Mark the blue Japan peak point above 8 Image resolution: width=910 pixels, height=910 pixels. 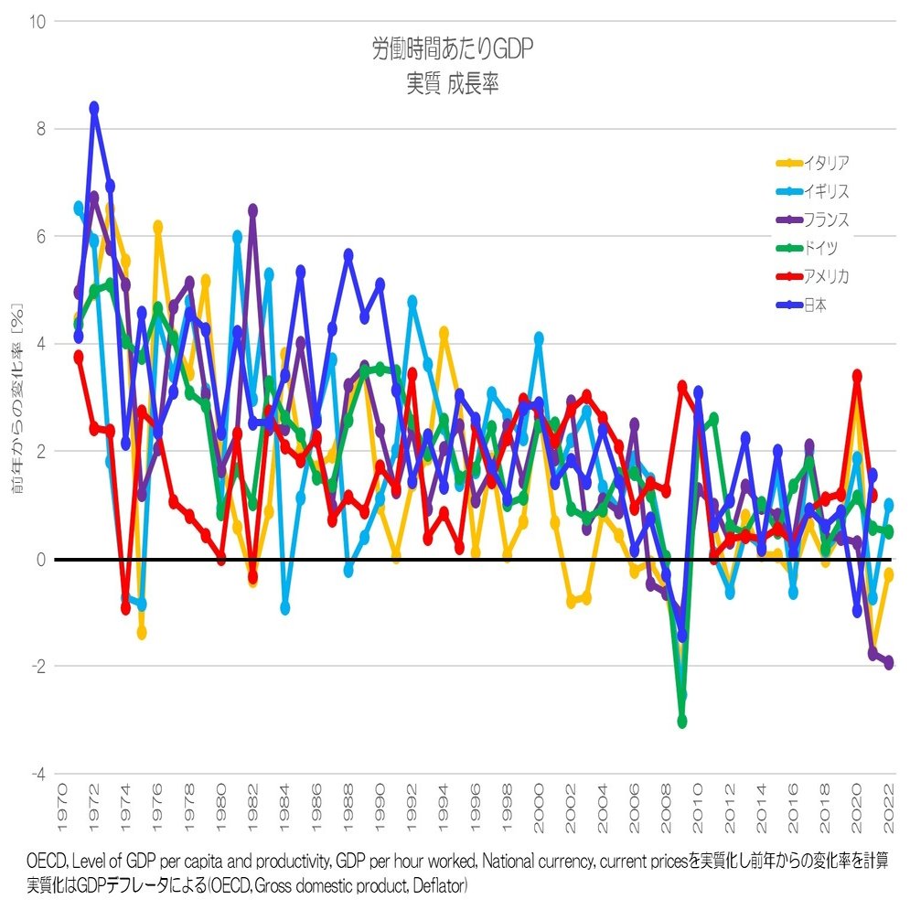pyautogui.click(x=94, y=108)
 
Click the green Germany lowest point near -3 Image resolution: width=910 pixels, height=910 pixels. pyautogui.click(x=682, y=722)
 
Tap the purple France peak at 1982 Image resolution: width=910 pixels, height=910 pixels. pyautogui.click(x=252, y=210)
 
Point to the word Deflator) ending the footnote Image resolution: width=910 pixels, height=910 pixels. pyautogui.click(x=441, y=885)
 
